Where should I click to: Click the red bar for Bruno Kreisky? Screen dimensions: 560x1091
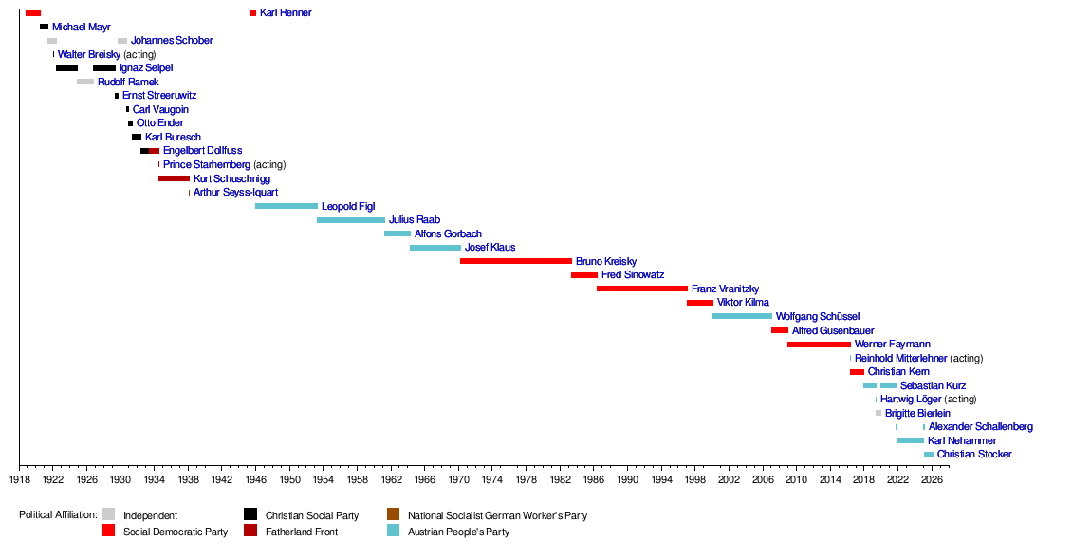(516, 261)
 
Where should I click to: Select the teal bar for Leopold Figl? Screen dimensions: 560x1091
(287, 206)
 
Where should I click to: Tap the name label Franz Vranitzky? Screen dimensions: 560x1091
(725, 289)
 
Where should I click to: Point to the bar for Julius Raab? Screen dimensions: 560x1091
(351, 220)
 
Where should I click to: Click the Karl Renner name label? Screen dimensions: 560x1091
(286, 13)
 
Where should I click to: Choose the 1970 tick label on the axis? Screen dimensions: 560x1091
(458, 479)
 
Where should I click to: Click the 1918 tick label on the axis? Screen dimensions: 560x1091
(19, 479)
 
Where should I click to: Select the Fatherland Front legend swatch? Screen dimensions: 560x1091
(250, 532)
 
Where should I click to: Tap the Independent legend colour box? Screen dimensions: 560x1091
(109, 515)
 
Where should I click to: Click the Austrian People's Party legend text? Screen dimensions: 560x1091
(458, 532)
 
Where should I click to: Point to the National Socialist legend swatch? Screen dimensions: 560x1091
(394, 515)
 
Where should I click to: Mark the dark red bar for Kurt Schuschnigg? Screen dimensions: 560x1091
(174, 178)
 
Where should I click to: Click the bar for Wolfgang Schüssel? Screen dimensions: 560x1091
(742, 316)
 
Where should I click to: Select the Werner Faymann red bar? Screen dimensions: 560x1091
(819, 344)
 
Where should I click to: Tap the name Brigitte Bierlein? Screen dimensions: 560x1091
(917, 413)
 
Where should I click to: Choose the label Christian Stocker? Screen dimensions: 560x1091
(974, 455)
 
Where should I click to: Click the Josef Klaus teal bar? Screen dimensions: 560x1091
(435, 248)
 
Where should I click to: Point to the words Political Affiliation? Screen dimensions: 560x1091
(58, 515)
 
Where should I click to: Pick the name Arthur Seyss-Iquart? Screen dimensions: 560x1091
(235, 193)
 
